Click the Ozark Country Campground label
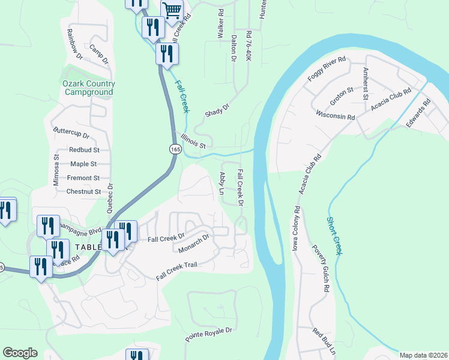[88, 88]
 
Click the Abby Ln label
[221, 182]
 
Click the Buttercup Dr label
[71, 133]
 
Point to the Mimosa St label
[56, 171]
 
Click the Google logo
[20, 353]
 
